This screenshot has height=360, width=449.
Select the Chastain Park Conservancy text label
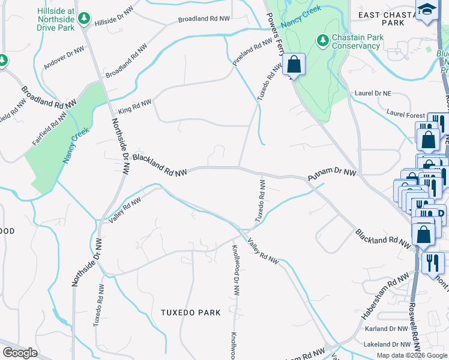[x=358, y=41]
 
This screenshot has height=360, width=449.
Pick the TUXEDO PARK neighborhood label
[x=191, y=313]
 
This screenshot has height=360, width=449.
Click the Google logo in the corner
[x=20, y=353]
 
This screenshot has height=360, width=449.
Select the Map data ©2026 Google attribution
[x=411, y=355]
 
